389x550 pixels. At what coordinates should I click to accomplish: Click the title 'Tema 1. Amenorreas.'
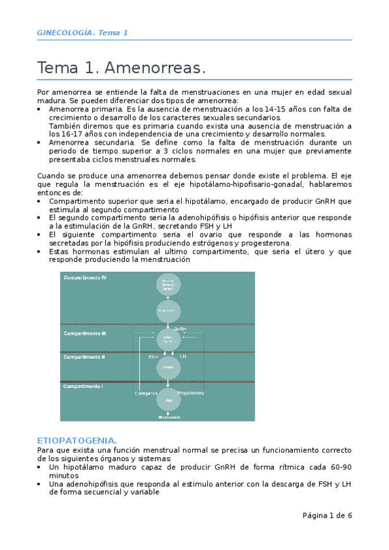[x=121, y=67]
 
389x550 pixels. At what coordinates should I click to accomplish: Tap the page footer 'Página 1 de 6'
[x=327, y=516]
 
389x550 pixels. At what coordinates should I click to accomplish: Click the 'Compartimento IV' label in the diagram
[x=85, y=278]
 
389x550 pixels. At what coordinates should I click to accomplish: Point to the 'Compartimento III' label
[x=85, y=333]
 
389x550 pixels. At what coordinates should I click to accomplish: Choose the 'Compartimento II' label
[x=84, y=357]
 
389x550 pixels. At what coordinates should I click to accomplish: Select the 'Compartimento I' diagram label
[x=83, y=387]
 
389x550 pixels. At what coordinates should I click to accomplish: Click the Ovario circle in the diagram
[x=168, y=366]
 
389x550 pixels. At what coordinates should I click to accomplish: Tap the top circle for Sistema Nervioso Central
[x=168, y=283]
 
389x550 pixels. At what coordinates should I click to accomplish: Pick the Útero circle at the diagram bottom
[x=168, y=401]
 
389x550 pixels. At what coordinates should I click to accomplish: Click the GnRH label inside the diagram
[x=181, y=329]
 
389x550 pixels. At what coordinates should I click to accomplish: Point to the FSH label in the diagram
[x=153, y=357]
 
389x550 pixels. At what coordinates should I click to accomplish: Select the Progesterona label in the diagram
[x=190, y=393]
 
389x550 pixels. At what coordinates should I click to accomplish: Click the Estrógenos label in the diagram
[x=147, y=393]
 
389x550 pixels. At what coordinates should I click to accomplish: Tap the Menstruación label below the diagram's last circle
[x=168, y=417]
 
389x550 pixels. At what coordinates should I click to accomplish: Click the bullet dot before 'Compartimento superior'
[x=41, y=202]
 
